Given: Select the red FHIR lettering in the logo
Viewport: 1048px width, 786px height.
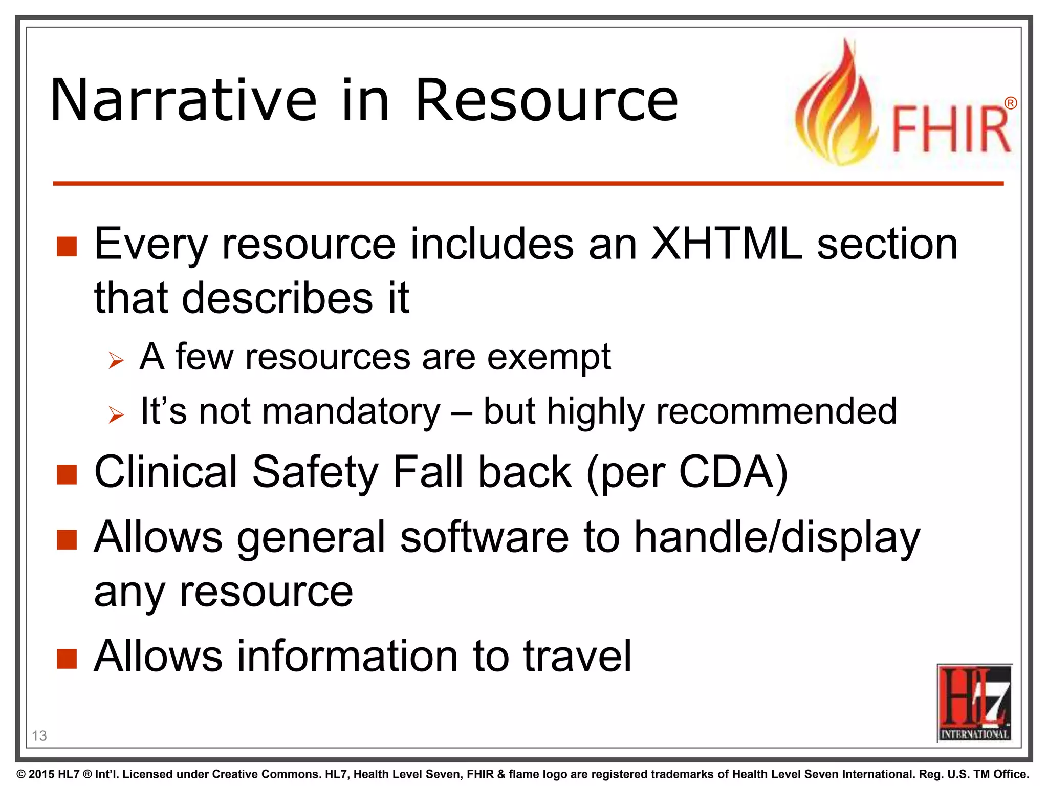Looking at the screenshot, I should tap(951, 130).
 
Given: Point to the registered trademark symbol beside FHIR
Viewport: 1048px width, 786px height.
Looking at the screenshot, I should tap(1010, 103).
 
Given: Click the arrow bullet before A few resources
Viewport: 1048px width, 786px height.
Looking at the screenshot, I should tap(116, 361).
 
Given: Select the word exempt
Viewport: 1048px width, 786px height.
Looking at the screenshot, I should tap(549, 357).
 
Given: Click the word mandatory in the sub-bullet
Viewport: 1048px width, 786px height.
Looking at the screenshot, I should tap(351, 411).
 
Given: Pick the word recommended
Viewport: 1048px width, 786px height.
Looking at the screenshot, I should tap(776, 411).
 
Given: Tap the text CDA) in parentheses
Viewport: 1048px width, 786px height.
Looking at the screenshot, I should tap(733, 472).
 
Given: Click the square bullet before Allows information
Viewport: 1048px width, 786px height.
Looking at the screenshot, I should tap(67, 659).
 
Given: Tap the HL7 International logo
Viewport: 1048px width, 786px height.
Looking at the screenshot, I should tap(974, 703).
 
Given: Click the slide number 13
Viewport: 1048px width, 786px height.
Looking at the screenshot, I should tap(39, 736).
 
